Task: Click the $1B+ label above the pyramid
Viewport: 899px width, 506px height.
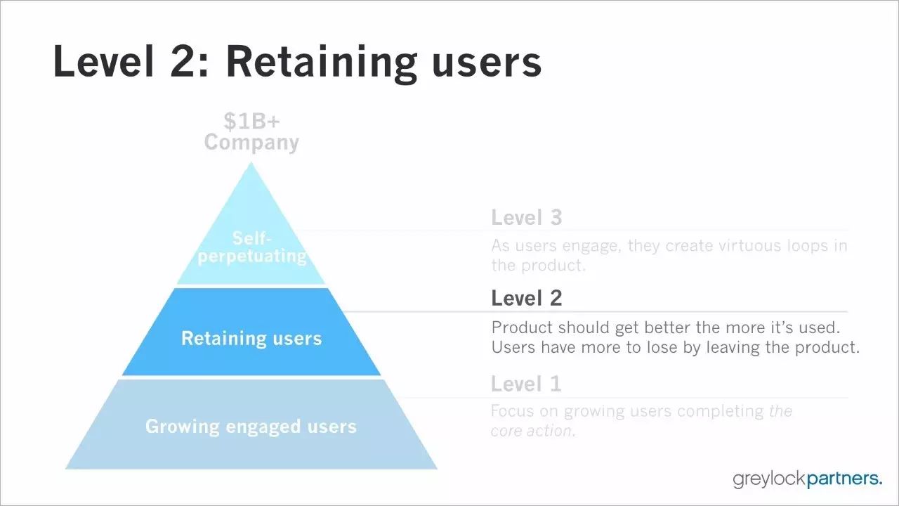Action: pos(251,121)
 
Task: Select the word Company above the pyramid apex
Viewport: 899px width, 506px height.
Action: pos(251,143)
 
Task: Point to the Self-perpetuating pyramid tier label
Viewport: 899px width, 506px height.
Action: pos(252,247)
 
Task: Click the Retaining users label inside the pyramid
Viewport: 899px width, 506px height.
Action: pos(251,338)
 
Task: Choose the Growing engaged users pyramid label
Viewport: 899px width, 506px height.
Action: pos(251,427)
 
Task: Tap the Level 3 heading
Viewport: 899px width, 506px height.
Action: pos(527,217)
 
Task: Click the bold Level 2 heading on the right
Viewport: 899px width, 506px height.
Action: pos(527,298)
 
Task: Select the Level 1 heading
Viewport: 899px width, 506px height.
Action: pos(526,384)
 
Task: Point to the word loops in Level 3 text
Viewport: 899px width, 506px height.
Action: pos(808,245)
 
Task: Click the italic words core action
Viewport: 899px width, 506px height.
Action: pos(533,431)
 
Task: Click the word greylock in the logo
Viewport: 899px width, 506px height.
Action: pos(769,479)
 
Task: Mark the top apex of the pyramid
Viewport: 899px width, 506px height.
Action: pos(251,162)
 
